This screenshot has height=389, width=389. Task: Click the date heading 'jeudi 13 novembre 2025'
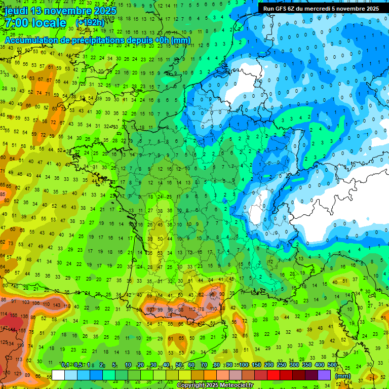[61, 11]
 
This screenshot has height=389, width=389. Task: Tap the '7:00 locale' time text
[34, 23]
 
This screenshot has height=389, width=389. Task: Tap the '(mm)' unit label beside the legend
[343, 376]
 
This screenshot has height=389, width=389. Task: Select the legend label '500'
[332, 365]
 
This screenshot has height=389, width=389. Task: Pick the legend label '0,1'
[65, 365]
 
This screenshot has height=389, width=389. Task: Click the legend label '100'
[243, 365]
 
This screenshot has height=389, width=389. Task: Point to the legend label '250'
[281, 365]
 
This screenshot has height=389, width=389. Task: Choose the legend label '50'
[179, 365]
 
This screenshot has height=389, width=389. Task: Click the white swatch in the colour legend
[58, 375]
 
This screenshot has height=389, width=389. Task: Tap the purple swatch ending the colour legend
[324, 375]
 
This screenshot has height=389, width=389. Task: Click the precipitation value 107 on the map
[150, 309]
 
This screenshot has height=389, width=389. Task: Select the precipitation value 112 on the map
[191, 309]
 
